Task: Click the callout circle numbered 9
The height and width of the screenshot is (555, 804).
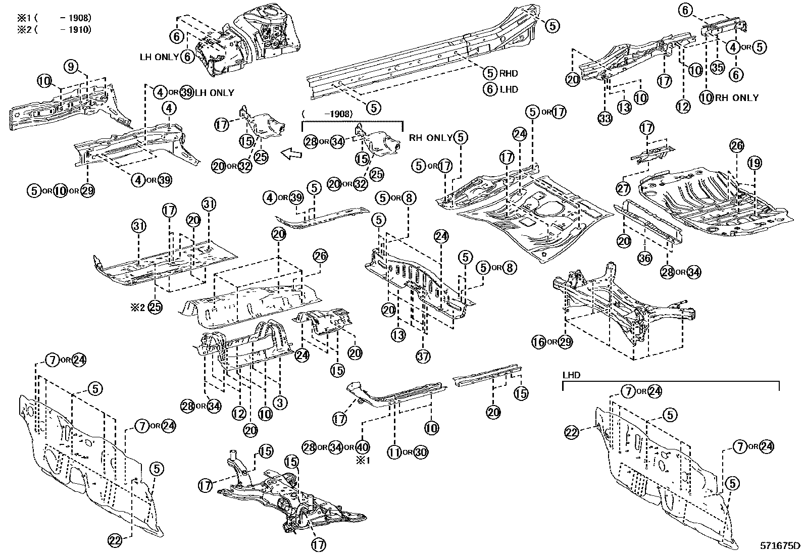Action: click(71, 66)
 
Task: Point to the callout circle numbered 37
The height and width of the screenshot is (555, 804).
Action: click(423, 357)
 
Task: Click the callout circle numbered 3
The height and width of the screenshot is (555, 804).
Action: click(280, 402)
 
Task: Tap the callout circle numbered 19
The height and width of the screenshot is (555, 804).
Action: click(755, 163)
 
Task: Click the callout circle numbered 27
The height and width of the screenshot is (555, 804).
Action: click(623, 188)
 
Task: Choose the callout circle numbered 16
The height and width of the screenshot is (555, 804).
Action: click(539, 342)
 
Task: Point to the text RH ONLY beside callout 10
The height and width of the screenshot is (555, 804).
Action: click(736, 97)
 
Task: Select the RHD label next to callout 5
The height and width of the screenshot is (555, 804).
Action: click(509, 73)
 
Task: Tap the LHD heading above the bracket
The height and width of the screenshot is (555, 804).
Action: click(571, 375)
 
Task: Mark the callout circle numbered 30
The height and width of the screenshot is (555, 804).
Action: click(420, 452)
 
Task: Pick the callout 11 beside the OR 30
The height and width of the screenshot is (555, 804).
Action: click(394, 452)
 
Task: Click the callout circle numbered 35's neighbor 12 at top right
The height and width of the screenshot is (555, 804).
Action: click(683, 107)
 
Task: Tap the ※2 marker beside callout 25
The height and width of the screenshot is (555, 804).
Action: click(138, 307)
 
